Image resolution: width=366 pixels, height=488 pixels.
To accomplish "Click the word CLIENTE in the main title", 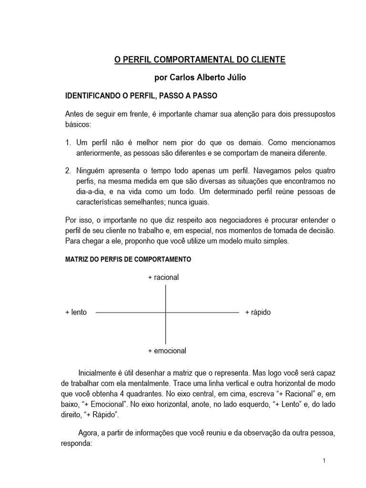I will pyautogui.click(x=269, y=60).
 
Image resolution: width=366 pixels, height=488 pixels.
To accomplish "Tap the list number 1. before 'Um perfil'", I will pyautogui.click(x=68, y=142).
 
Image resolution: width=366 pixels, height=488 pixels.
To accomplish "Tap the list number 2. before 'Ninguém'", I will pyautogui.click(x=68, y=170).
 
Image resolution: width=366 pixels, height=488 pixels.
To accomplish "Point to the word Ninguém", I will pyautogui.click(x=89, y=170).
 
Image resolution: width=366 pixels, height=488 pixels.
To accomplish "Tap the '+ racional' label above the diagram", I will pyautogui.click(x=163, y=277).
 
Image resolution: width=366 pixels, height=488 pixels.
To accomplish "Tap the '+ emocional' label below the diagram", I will pyautogui.click(x=167, y=351).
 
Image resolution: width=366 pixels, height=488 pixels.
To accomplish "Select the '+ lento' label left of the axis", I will pyautogui.click(x=76, y=313).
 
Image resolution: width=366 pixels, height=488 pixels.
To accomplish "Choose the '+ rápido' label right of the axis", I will pyautogui.click(x=258, y=313).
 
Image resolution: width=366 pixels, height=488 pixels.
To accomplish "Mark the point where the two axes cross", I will pyautogui.click(x=165, y=313).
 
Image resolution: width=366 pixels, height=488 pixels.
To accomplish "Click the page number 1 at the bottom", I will pyautogui.click(x=324, y=460).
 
